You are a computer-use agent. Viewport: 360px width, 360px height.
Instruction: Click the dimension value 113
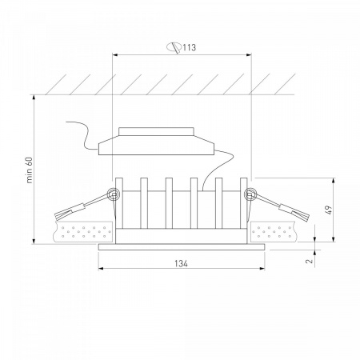click(190, 47)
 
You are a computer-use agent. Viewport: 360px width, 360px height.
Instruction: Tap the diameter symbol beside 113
click(174, 47)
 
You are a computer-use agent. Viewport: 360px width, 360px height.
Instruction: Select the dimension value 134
click(181, 263)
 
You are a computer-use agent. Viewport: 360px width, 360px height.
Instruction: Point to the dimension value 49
click(330, 210)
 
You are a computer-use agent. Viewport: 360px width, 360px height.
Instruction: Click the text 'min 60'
click(30, 170)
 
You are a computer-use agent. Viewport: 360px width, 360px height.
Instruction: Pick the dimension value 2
click(309, 261)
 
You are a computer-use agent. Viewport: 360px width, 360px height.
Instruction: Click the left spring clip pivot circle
click(113, 194)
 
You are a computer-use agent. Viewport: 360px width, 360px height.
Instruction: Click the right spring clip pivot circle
click(250, 194)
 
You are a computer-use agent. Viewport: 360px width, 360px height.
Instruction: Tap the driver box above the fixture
click(157, 141)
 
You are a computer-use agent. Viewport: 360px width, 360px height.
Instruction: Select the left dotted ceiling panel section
click(83, 231)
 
